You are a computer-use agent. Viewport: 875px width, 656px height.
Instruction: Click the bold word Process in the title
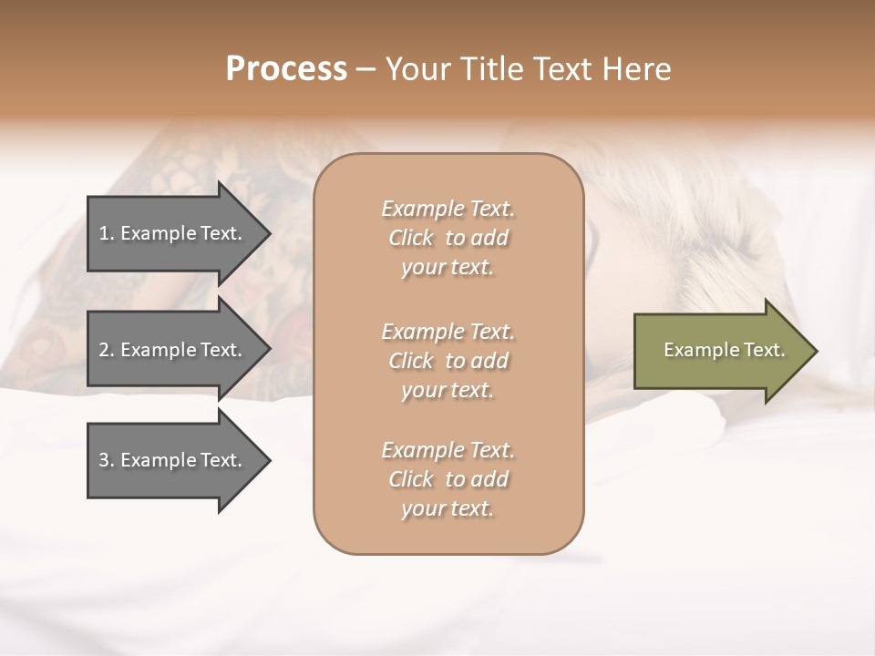coord(286,69)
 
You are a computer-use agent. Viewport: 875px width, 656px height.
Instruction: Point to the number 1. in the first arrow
coord(107,233)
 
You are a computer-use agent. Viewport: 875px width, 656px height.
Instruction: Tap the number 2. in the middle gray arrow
coord(107,350)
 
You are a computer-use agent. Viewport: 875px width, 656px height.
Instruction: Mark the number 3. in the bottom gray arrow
coord(107,460)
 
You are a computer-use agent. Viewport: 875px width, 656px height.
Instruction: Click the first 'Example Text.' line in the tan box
coord(448,209)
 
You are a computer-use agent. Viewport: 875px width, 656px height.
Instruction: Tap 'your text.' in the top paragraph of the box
coord(447,268)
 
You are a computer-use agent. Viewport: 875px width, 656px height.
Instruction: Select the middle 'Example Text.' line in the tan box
coord(448,331)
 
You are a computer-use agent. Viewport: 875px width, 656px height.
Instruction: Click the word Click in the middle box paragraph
coord(410,361)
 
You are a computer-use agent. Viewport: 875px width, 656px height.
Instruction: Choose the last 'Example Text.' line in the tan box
coord(448,450)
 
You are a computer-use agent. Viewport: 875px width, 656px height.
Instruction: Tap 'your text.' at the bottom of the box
coord(447,509)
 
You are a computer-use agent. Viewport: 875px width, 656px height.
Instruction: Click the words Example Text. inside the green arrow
coord(724,350)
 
